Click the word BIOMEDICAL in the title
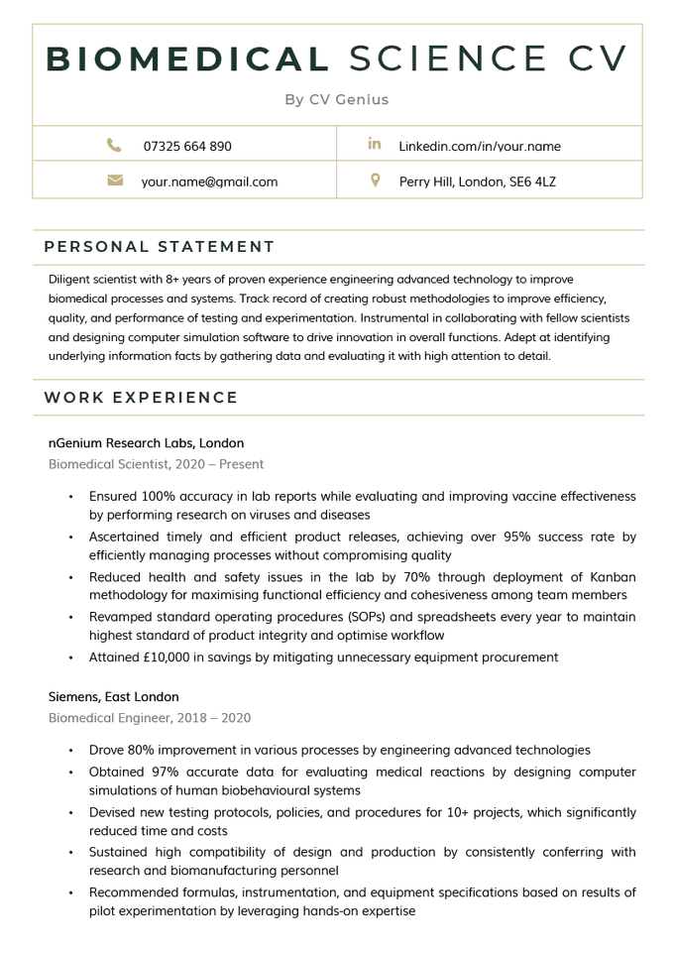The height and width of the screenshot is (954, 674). pyautogui.click(x=188, y=59)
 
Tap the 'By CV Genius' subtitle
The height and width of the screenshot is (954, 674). pyautogui.click(x=337, y=99)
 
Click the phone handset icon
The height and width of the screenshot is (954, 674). pyautogui.click(x=114, y=145)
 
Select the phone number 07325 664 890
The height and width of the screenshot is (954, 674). pyautogui.click(x=187, y=146)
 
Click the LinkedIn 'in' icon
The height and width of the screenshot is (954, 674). pyautogui.click(x=375, y=145)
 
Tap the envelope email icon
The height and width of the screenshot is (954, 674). pyautogui.click(x=114, y=180)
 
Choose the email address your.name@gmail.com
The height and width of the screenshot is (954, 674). pyautogui.click(x=209, y=181)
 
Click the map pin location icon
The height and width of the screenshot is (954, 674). pyautogui.click(x=375, y=180)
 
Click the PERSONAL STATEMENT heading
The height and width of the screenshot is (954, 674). pyautogui.click(x=160, y=247)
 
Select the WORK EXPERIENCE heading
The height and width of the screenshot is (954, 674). pyautogui.click(x=142, y=398)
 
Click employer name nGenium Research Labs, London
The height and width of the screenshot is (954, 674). pyautogui.click(x=146, y=443)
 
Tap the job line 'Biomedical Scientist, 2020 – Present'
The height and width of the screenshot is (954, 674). pyautogui.click(x=156, y=463)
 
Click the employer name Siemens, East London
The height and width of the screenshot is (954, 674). pyautogui.click(x=114, y=697)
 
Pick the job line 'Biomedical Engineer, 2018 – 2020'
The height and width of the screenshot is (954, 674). pyautogui.click(x=150, y=717)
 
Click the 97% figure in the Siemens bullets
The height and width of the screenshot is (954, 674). pyautogui.click(x=162, y=772)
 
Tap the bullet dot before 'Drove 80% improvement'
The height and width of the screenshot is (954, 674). pyautogui.click(x=70, y=751)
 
